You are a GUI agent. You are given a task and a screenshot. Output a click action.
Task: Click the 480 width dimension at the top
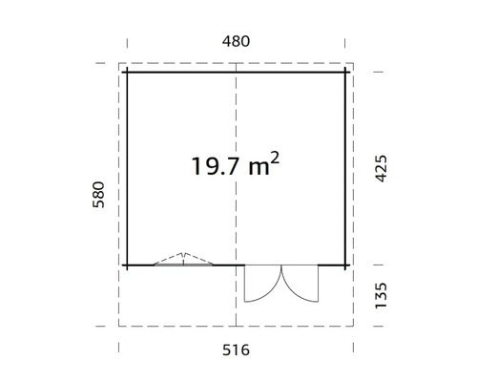point(236,41)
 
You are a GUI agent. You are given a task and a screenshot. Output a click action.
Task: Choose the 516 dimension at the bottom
point(236,350)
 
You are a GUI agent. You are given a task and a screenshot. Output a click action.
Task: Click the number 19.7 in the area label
point(213,167)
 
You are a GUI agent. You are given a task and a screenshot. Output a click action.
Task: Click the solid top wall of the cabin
point(181,73)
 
